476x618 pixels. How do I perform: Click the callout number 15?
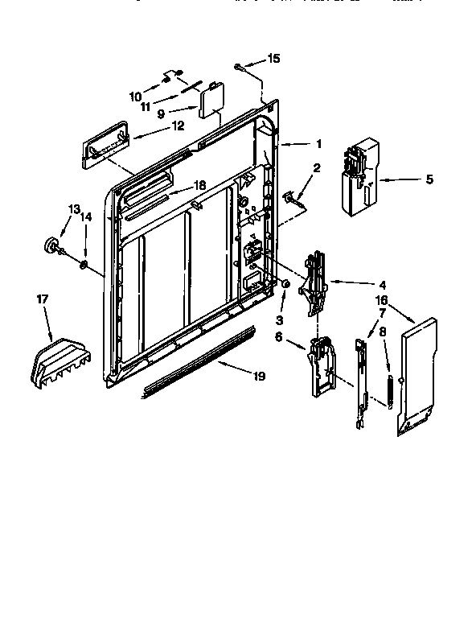pyautogui.click(x=275, y=59)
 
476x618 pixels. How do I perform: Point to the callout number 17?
pyautogui.click(x=43, y=299)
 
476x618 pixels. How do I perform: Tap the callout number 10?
pyautogui.click(x=136, y=97)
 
